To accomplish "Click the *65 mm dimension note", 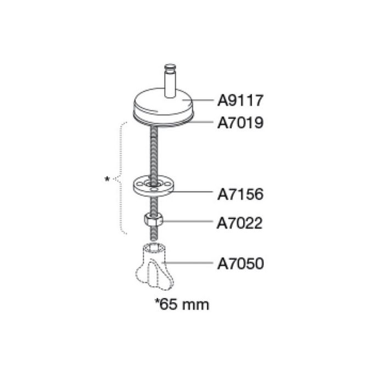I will point(182,304).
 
